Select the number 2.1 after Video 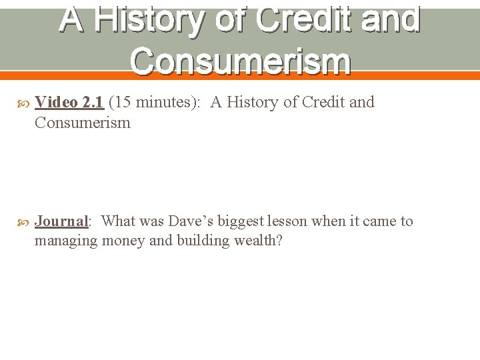click(x=92, y=102)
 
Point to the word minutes click(x=161, y=102)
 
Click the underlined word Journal click(x=61, y=221)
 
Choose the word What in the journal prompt click(x=118, y=221)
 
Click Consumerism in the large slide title click(x=240, y=61)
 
